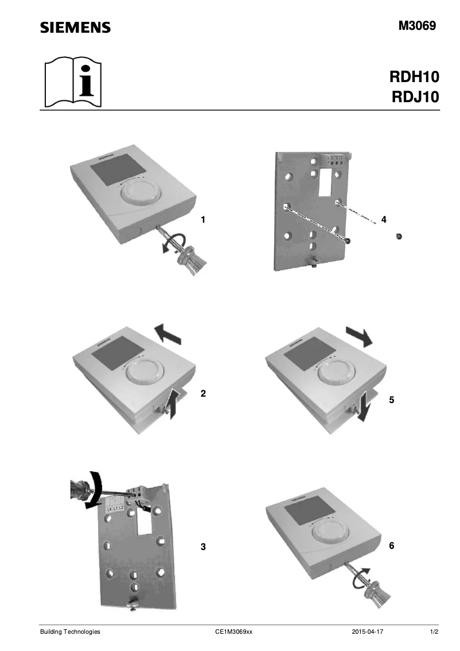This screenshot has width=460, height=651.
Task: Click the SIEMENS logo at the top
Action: pyautogui.click(x=75, y=28)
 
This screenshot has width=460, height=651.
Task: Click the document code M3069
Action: pyautogui.click(x=418, y=26)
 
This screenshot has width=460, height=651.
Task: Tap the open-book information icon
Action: pyautogui.click(x=72, y=83)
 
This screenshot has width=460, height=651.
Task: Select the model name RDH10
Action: pyautogui.click(x=414, y=77)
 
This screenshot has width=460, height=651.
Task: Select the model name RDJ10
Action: pyautogui.click(x=414, y=96)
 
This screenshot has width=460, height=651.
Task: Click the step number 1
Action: pyautogui.click(x=202, y=219)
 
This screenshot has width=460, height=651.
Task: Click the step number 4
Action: pyautogui.click(x=384, y=219)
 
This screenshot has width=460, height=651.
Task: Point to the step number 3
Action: pyautogui.click(x=202, y=547)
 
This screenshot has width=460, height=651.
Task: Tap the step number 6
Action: pyautogui.click(x=392, y=546)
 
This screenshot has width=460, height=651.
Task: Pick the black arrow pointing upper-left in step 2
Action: pyautogui.click(x=168, y=333)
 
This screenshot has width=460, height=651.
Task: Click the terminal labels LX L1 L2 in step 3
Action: pyautogui.click(x=115, y=509)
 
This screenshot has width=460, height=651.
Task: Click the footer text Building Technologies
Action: pyautogui.click(x=70, y=631)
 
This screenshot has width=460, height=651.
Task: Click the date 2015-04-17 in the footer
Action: pyautogui.click(x=367, y=631)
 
